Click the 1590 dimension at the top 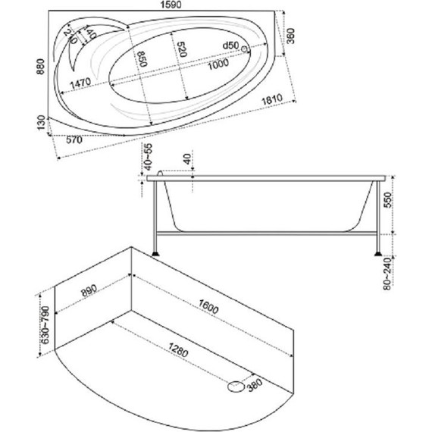[171, 5]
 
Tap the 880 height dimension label [40, 67]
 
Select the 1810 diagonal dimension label [272, 99]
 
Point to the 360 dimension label [290, 36]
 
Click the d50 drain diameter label [230, 45]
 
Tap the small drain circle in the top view [245, 49]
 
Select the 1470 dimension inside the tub [80, 83]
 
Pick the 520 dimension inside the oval [182, 49]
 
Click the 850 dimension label [142, 59]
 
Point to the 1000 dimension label [218, 64]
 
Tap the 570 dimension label [74, 140]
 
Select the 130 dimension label [41, 123]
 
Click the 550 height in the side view [387, 201]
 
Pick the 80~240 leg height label [387, 274]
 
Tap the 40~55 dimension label [148, 157]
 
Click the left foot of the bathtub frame [155, 253]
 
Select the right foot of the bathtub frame [378, 253]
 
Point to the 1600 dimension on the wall [208, 307]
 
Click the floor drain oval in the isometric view [236, 387]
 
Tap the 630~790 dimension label [45, 325]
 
